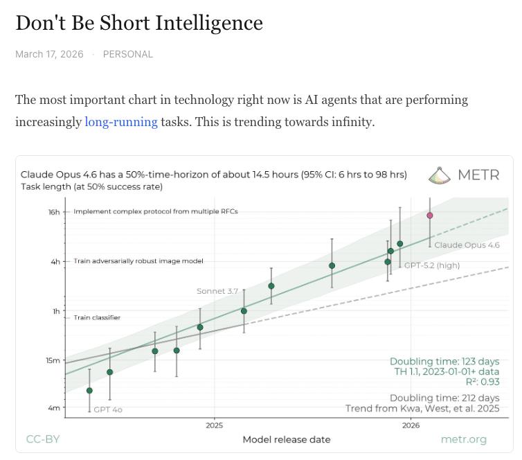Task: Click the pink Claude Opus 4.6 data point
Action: click(430, 215)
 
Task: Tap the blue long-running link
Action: click(121, 122)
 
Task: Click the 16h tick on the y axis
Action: click(54, 212)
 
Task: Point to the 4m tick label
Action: click(54, 408)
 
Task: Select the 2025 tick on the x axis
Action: click(215, 425)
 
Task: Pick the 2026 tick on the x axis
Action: click(411, 425)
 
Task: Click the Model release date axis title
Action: click(286, 439)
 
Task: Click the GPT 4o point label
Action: click(108, 409)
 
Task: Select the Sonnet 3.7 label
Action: click(217, 291)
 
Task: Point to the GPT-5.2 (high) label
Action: click(432, 265)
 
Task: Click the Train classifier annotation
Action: click(97, 317)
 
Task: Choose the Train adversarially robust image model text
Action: click(138, 261)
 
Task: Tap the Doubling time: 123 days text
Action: click(444, 362)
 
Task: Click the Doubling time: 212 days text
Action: click(444, 398)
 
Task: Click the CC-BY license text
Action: click(43, 439)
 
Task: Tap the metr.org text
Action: click(463, 439)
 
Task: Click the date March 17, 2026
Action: click(49, 54)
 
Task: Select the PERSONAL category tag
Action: click(128, 54)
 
